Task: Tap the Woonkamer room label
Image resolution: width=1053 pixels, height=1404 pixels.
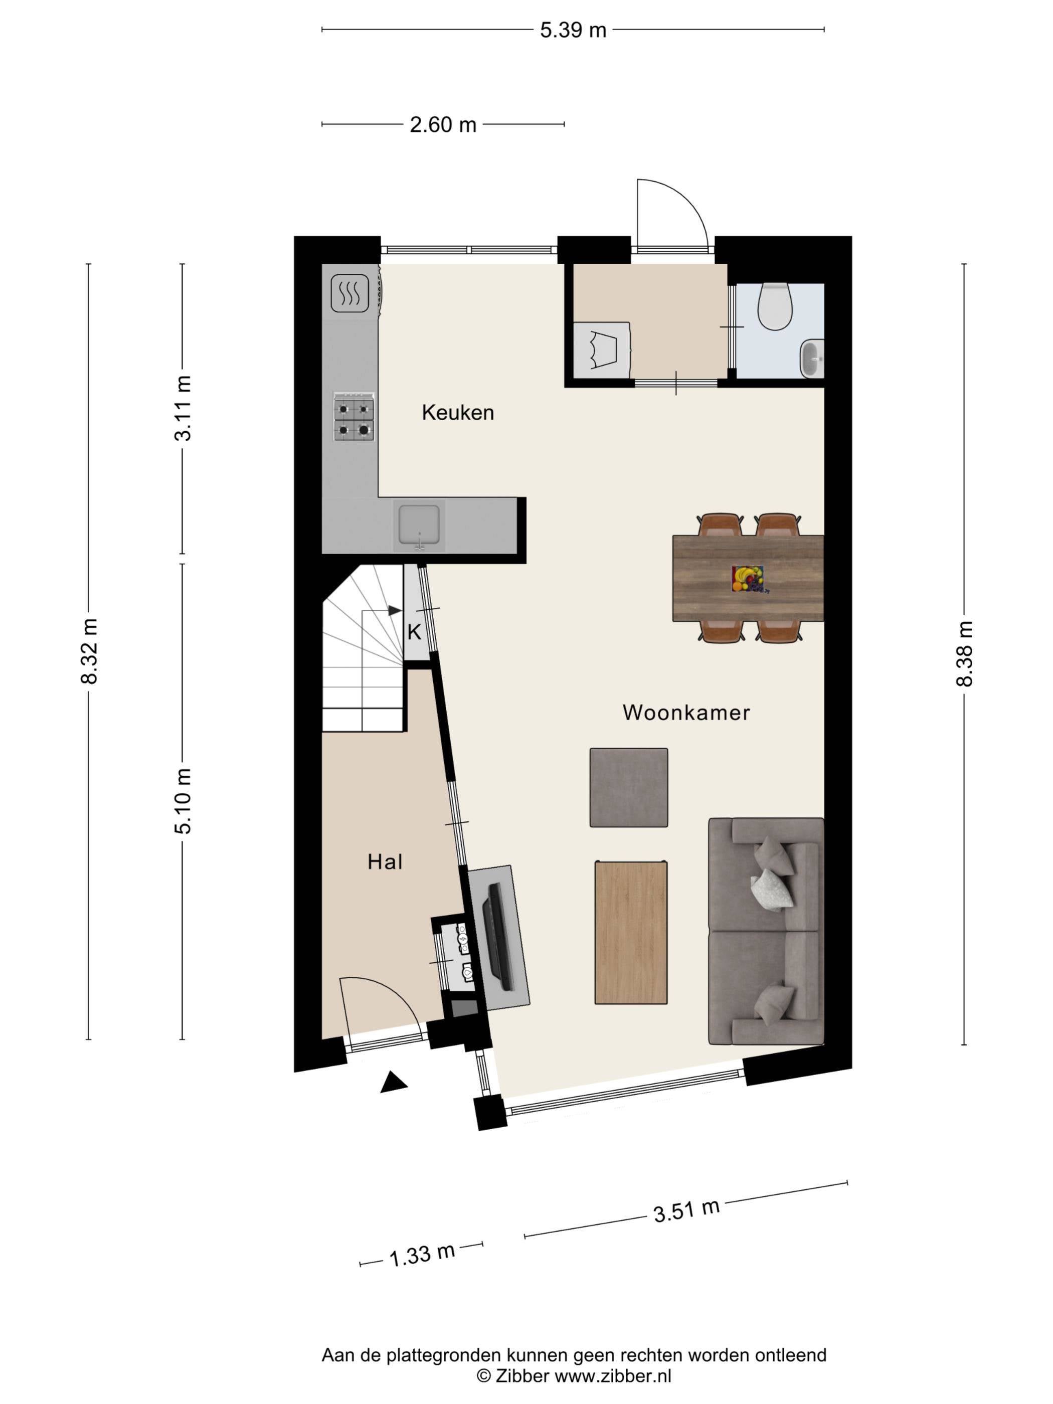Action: (x=686, y=713)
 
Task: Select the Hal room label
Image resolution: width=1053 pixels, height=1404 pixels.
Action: (x=385, y=862)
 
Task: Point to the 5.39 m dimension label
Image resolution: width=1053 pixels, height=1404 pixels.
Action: (x=573, y=30)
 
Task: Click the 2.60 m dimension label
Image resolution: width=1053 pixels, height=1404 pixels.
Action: (x=443, y=124)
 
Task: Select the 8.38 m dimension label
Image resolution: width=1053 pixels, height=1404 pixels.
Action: (x=964, y=654)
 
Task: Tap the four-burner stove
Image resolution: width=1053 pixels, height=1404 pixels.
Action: (x=354, y=416)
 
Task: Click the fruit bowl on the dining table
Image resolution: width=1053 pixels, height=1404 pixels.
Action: (x=749, y=579)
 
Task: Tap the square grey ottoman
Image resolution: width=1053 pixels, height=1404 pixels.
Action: (x=628, y=788)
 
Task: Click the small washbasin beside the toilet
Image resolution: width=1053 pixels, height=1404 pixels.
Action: (x=812, y=359)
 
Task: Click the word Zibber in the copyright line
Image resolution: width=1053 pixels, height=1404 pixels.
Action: (x=523, y=1375)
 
